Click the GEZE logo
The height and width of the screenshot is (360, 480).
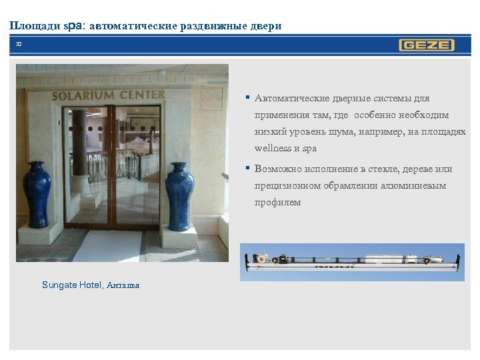tap(427, 45)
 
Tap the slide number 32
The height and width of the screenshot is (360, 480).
tap(19, 44)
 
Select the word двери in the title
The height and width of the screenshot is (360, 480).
tap(265, 26)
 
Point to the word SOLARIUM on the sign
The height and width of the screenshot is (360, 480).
tap(84, 95)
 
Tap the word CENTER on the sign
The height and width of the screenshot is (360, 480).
tap(141, 94)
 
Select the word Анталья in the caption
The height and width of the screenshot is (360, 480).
tap(123, 285)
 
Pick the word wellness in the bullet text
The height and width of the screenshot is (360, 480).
tap(273, 148)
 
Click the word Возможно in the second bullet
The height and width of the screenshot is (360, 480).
tap(277, 169)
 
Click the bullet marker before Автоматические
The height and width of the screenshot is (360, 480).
tap(247, 98)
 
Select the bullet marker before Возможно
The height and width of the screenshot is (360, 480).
tap(247, 168)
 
